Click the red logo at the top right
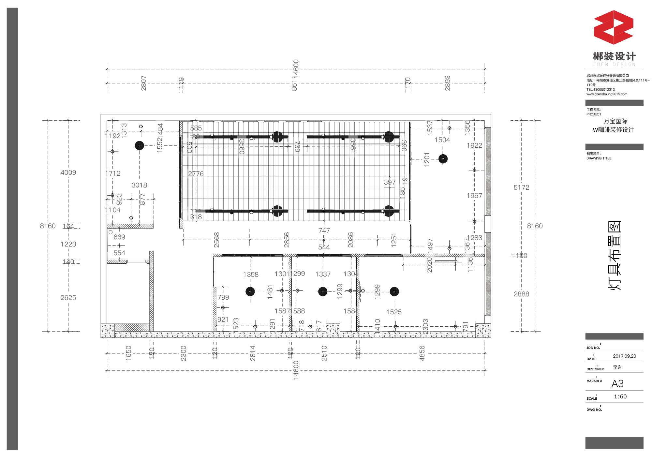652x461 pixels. (x=614, y=27)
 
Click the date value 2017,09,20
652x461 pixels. (x=624, y=356)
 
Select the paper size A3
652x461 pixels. (x=617, y=384)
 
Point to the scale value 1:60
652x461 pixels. (x=620, y=397)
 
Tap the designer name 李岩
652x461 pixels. (x=617, y=367)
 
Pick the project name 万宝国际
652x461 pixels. (x=615, y=121)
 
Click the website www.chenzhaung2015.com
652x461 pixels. (x=607, y=94)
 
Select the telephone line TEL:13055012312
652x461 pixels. (x=600, y=90)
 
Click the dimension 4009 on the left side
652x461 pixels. (x=68, y=172)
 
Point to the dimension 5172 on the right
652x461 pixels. (x=521, y=187)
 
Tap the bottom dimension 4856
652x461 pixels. (x=422, y=353)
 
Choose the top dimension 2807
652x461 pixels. (x=143, y=83)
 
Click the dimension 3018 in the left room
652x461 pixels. (x=139, y=185)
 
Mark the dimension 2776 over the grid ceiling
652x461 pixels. (x=196, y=174)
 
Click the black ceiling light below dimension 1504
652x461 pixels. (x=443, y=159)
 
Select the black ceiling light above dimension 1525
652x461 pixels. (x=394, y=291)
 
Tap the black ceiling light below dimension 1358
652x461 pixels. (x=250, y=291)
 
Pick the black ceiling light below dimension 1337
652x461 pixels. (x=323, y=291)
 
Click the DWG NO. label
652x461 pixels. (x=594, y=410)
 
